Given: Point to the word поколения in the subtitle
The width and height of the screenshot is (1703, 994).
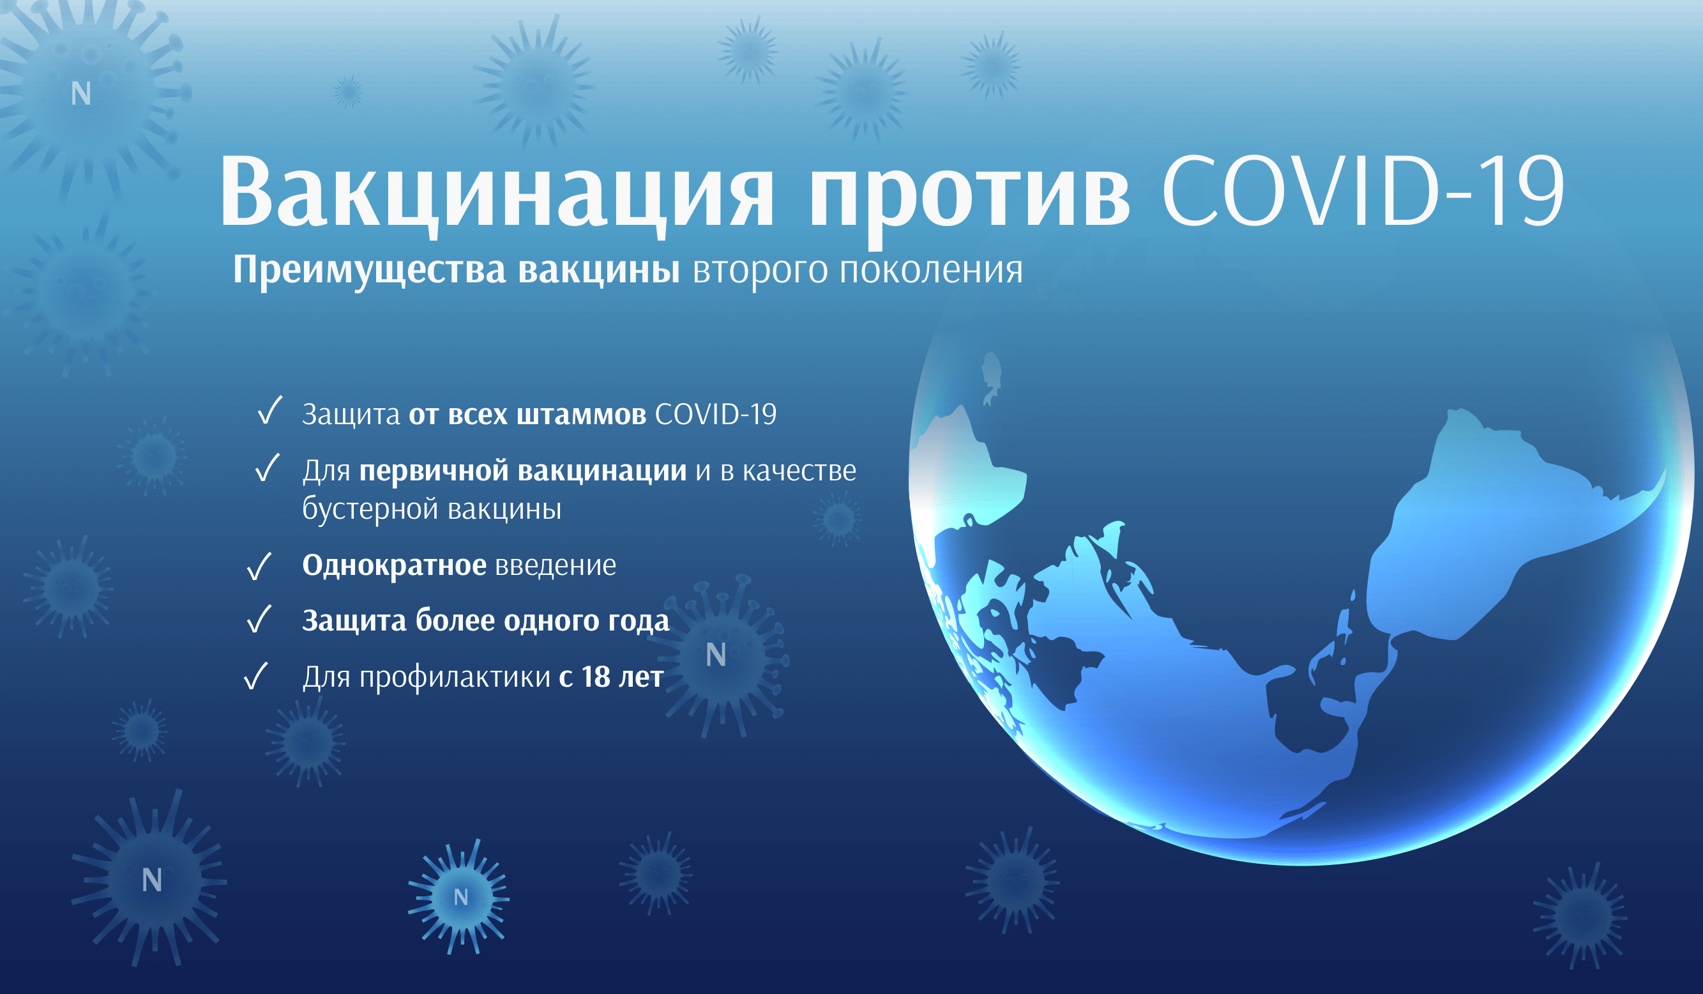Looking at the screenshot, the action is (x=930, y=270).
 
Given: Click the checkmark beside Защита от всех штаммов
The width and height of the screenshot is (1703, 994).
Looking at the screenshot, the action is (x=269, y=411).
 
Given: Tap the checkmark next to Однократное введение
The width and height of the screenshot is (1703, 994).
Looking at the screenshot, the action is (x=259, y=566).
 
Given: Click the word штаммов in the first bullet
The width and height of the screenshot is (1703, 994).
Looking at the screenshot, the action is (x=581, y=415).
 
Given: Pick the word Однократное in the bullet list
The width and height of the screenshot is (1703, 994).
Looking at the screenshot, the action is (x=394, y=565).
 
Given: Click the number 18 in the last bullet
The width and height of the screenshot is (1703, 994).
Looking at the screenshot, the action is (x=596, y=677).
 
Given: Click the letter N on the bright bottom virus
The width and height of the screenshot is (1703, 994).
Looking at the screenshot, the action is (x=461, y=898).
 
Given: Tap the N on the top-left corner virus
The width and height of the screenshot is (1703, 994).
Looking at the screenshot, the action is (x=81, y=93).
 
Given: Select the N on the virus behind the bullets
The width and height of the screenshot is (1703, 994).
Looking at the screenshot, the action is (x=716, y=655).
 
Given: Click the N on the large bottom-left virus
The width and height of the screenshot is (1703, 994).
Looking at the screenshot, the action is (x=152, y=880).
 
